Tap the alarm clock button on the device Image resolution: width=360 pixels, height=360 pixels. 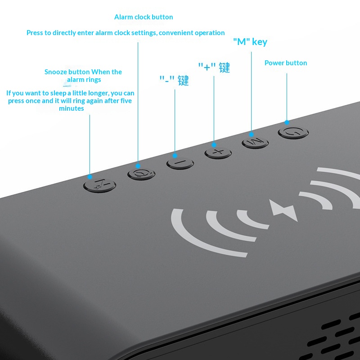[141, 174]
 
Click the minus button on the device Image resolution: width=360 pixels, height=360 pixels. [180, 163]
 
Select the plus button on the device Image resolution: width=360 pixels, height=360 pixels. [218, 153]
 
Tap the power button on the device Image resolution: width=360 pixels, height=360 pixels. [293, 132]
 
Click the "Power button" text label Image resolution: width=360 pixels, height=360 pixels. [286, 63]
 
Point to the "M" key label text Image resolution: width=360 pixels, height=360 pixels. [250, 42]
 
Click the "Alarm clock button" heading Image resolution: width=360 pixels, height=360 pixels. [144, 17]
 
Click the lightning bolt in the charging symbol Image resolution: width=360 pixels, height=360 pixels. [283, 210]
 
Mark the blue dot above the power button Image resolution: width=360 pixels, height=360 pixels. [287, 122]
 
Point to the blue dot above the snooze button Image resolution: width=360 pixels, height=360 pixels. [90, 177]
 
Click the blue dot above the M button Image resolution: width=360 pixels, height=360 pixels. [252, 135]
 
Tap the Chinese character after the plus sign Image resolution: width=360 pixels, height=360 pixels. [224, 67]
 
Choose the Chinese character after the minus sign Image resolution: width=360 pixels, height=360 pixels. [183, 81]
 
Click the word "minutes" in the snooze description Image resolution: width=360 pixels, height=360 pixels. [72, 108]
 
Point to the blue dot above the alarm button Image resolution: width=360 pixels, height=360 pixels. [138, 166]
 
